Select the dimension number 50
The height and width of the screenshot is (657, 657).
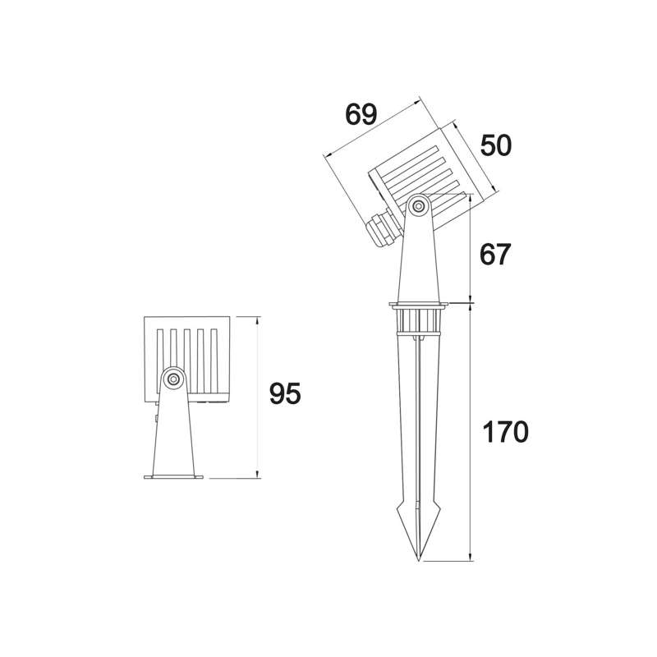(495, 145)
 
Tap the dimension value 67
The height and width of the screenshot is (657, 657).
(495, 255)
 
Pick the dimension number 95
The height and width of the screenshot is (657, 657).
(285, 394)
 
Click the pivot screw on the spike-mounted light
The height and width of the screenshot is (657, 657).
(419, 205)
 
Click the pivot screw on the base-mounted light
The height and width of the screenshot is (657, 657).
(172, 379)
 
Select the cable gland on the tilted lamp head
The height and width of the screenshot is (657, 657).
(383, 229)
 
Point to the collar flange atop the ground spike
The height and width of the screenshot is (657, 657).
(419, 306)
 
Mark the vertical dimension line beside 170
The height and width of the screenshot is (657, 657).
(470, 432)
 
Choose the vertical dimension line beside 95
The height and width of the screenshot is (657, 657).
(258, 397)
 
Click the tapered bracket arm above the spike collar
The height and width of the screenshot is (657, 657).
(419, 259)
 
